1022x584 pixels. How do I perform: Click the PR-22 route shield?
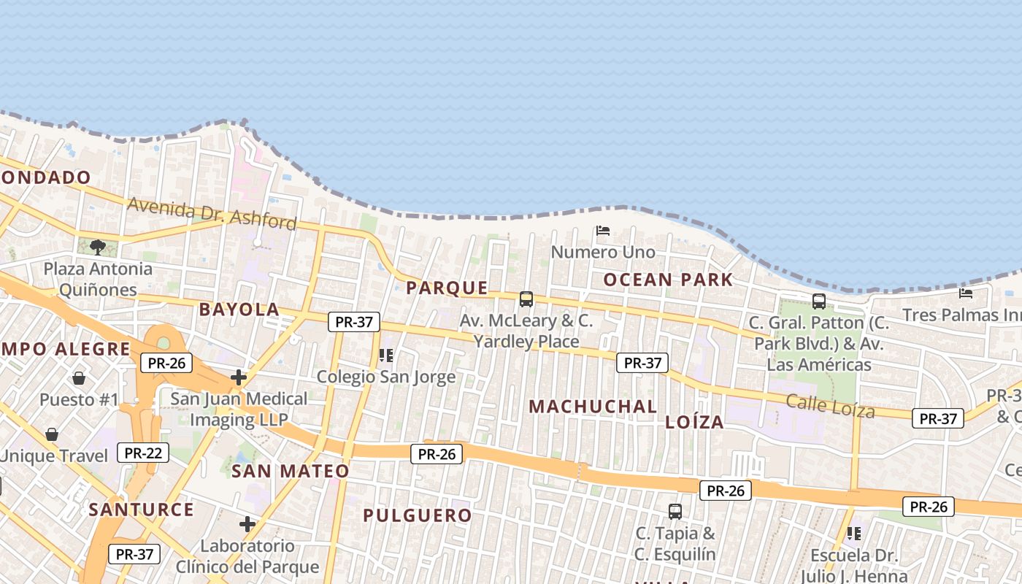(143, 453)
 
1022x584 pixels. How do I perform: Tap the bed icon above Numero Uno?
(603, 231)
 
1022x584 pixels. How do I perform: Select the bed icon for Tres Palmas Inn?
(966, 293)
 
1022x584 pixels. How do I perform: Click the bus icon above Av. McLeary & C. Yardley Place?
(526, 299)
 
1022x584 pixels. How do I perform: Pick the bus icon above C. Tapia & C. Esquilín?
(675, 511)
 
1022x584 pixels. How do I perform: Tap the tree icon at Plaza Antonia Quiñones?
(98, 247)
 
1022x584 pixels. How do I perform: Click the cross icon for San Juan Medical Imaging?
(238, 377)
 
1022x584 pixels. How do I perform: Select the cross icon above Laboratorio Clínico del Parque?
(247, 524)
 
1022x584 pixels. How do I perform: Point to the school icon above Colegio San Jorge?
(385, 356)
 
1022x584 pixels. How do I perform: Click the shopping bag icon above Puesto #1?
(79, 378)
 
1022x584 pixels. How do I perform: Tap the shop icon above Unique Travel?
(52, 434)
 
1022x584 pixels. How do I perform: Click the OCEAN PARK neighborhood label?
(668, 280)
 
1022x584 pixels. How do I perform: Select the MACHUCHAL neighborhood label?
(593, 407)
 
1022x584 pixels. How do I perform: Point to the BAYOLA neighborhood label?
(239, 310)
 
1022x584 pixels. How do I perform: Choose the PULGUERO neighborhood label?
(418, 515)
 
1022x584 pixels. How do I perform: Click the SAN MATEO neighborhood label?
(291, 471)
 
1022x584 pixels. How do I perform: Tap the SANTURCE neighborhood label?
(142, 510)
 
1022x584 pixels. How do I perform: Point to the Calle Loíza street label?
(830, 405)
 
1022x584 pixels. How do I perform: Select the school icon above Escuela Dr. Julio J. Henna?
(853, 534)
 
